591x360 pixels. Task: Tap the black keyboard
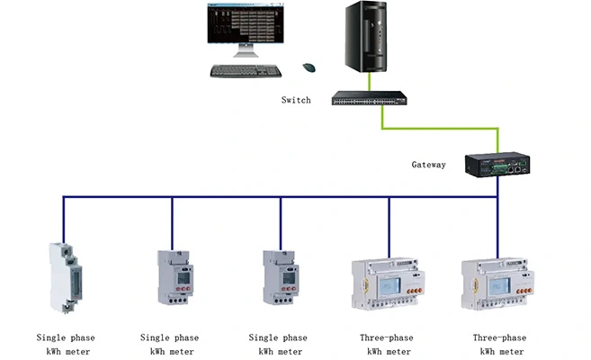[246, 70]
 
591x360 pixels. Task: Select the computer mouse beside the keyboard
[309, 67]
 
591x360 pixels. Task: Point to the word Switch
[296, 100]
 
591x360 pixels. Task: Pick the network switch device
[368, 99]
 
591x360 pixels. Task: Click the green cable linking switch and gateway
[384, 126]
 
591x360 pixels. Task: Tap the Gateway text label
[428, 165]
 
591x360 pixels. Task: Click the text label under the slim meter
[65, 344]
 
